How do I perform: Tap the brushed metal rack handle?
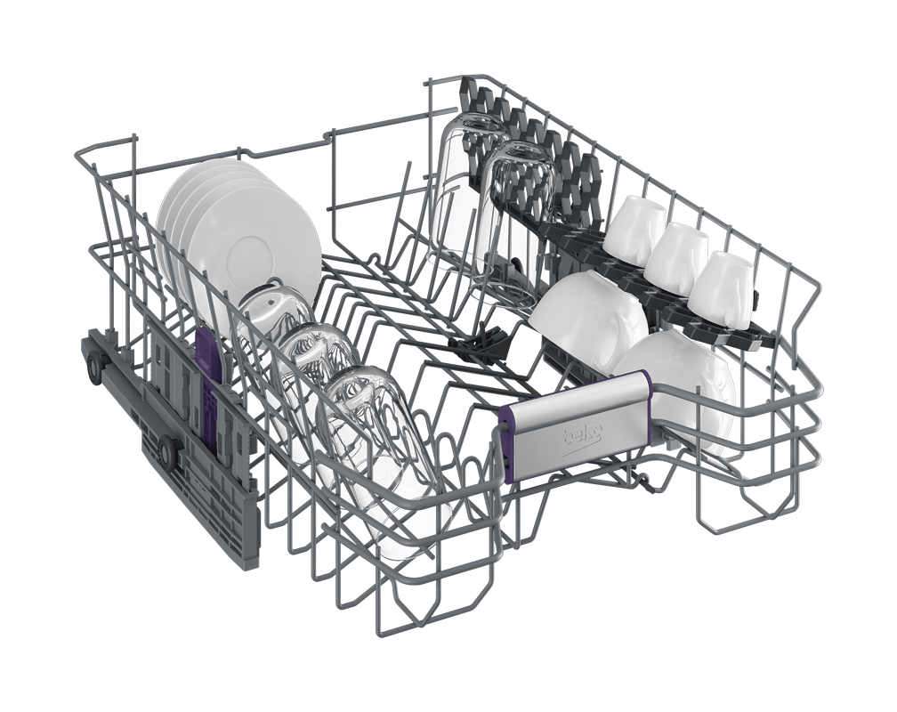pyautogui.click(x=574, y=426)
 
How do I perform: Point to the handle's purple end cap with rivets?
pyautogui.click(x=505, y=445)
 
